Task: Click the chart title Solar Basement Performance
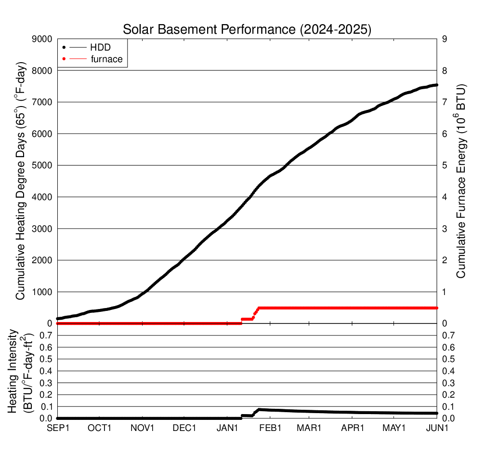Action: coord(247,30)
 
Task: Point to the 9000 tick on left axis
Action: coord(42,39)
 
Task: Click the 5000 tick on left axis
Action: coord(42,165)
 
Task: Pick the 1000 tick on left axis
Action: coord(42,292)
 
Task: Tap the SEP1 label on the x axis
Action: coord(57,428)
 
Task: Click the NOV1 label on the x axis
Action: coord(143,428)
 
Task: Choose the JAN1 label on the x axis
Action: coord(227,428)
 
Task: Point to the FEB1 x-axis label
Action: coord(270,428)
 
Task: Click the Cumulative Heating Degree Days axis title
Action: coord(21,180)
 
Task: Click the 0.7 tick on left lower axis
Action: coord(45,335)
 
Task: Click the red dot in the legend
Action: coord(64,59)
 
